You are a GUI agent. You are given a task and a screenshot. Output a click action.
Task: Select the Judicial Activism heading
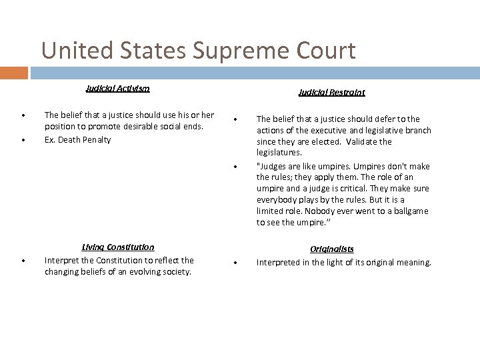[117, 88]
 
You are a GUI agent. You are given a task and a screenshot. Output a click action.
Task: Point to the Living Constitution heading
[117, 247]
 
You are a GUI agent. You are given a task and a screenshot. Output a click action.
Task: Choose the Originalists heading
[332, 249]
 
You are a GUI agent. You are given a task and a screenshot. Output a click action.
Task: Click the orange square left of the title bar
[14, 72]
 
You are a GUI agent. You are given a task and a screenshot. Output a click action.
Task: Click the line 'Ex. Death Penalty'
[77, 140]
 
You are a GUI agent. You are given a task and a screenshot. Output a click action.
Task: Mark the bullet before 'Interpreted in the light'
[237, 263]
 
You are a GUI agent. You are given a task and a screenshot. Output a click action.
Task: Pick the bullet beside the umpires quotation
[237, 166]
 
